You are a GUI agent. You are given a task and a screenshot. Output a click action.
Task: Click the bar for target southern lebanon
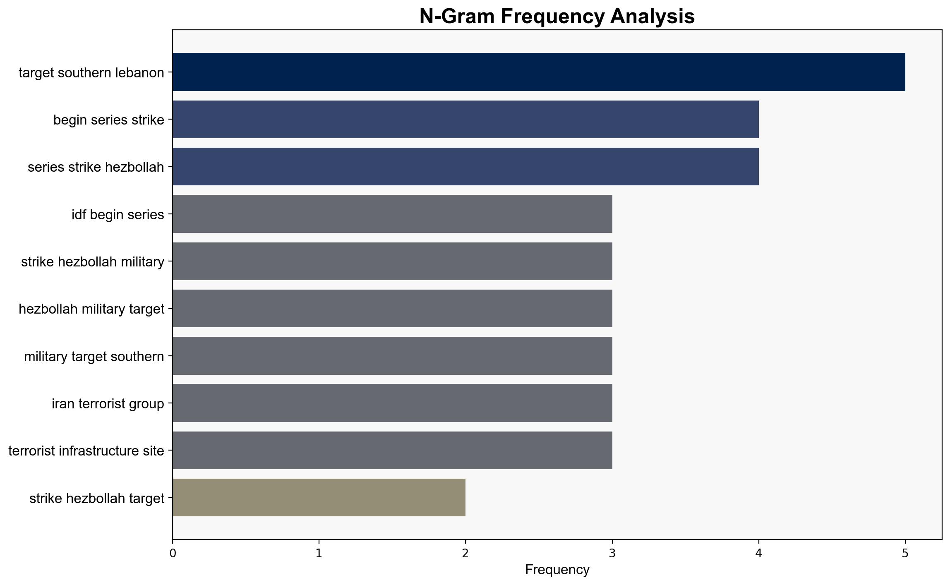coord(539,72)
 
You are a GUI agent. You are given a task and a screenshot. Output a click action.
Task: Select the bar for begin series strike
coord(465,120)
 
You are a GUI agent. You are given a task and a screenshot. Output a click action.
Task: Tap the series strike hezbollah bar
coord(465,167)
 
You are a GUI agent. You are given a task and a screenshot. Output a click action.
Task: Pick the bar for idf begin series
coord(392,214)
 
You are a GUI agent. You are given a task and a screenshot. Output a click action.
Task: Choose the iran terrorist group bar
coord(392,403)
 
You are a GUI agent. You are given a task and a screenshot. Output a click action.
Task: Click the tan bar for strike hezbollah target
coord(319,498)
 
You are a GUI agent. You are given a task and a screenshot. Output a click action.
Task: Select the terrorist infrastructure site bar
coord(392,451)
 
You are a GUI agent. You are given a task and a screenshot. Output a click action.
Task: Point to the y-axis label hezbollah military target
coord(91,309)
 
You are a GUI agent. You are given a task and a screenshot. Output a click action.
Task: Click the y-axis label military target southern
coord(94,357)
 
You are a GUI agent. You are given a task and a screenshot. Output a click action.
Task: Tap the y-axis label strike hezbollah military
coord(93,262)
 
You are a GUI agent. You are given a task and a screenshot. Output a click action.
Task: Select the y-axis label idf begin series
coord(118,215)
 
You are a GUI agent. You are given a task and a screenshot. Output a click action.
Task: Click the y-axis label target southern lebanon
coord(91,73)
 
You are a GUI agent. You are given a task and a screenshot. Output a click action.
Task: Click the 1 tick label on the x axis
coord(319,553)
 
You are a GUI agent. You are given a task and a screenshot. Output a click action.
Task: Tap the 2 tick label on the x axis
coord(465,553)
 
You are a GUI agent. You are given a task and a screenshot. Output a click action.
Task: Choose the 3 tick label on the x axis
coord(612,553)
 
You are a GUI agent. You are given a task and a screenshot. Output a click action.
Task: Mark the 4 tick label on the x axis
coord(758,553)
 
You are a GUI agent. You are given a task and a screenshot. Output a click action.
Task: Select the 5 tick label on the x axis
coord(905,553)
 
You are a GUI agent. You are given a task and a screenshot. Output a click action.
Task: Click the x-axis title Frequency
coord(557,570)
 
